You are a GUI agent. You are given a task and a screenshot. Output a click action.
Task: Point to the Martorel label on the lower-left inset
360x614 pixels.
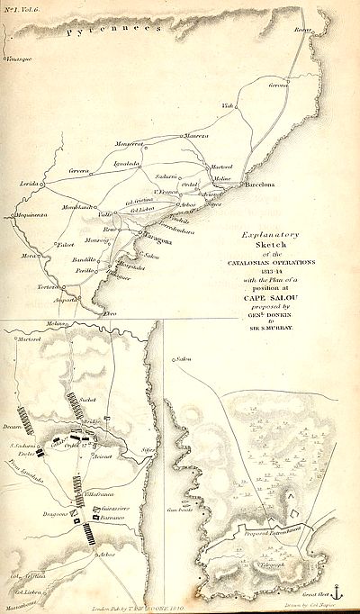(x=31, y=339)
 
